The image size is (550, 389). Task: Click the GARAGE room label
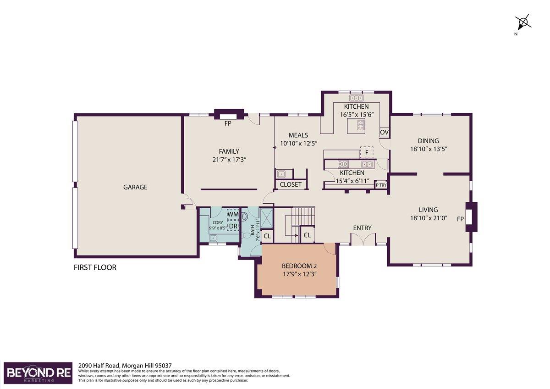135,187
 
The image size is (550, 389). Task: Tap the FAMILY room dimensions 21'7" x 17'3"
229,160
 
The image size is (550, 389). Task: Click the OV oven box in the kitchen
384,132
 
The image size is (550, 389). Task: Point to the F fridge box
367,152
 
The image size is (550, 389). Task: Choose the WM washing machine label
233,214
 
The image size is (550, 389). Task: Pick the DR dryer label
233,226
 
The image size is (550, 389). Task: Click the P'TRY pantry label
381,185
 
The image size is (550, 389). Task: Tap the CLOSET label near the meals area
291,184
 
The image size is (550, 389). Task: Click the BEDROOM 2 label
299,266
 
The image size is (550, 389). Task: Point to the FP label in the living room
460,219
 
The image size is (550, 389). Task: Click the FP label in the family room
228,123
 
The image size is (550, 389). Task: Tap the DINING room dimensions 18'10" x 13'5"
429,149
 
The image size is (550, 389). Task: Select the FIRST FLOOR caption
95,267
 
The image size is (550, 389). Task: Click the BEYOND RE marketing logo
38,373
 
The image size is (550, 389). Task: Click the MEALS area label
298,135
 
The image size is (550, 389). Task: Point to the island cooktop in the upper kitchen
361,125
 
